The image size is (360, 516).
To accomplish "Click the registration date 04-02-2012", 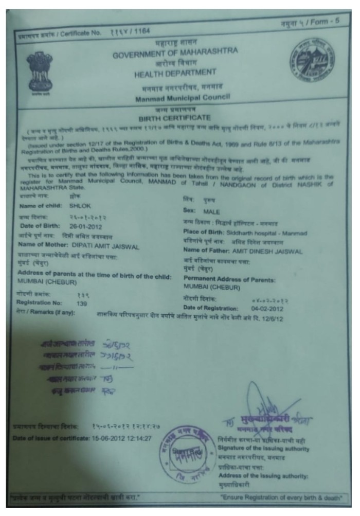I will tap(267, 307).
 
